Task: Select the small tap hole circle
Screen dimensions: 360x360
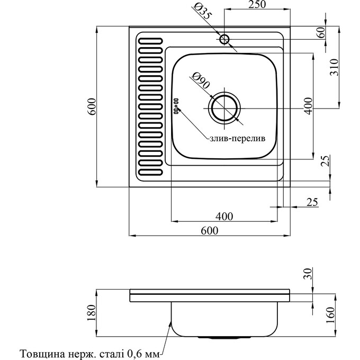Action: (224, 39)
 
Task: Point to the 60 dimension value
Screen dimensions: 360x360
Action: (320, 32)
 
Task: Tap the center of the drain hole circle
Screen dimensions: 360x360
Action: (225, 108)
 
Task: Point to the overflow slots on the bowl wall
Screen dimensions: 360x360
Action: (176, 104)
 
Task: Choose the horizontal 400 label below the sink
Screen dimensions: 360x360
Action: (224, 216)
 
